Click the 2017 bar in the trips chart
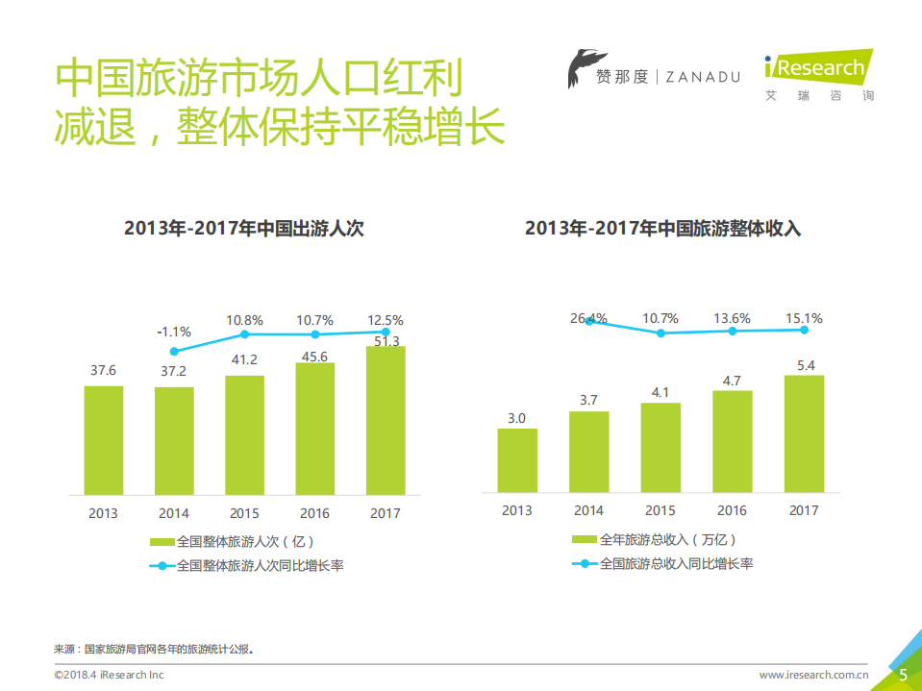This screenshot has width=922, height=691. coord(386,421)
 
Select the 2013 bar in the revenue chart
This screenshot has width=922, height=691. coord(516,460)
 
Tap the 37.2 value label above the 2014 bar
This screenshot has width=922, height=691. coord(174,371)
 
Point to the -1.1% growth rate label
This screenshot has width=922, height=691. coord(174,332)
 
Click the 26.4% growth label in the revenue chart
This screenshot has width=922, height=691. coord(588,318)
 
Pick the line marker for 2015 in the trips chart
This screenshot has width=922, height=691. coord(244,334)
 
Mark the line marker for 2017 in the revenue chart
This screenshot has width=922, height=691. coord(804,330)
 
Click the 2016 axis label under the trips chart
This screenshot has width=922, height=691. coord(314,513)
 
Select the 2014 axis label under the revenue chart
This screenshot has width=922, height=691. coord(587,510)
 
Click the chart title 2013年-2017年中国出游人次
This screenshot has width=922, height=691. coord(244,229)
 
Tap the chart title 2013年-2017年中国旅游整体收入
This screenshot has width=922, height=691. coord(662,229)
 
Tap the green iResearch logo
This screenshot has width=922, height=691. coord(818,67)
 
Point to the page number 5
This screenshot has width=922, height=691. coord(903,675)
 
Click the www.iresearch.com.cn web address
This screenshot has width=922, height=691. coord(814,676)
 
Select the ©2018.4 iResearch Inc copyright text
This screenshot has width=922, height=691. coord(106,676)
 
